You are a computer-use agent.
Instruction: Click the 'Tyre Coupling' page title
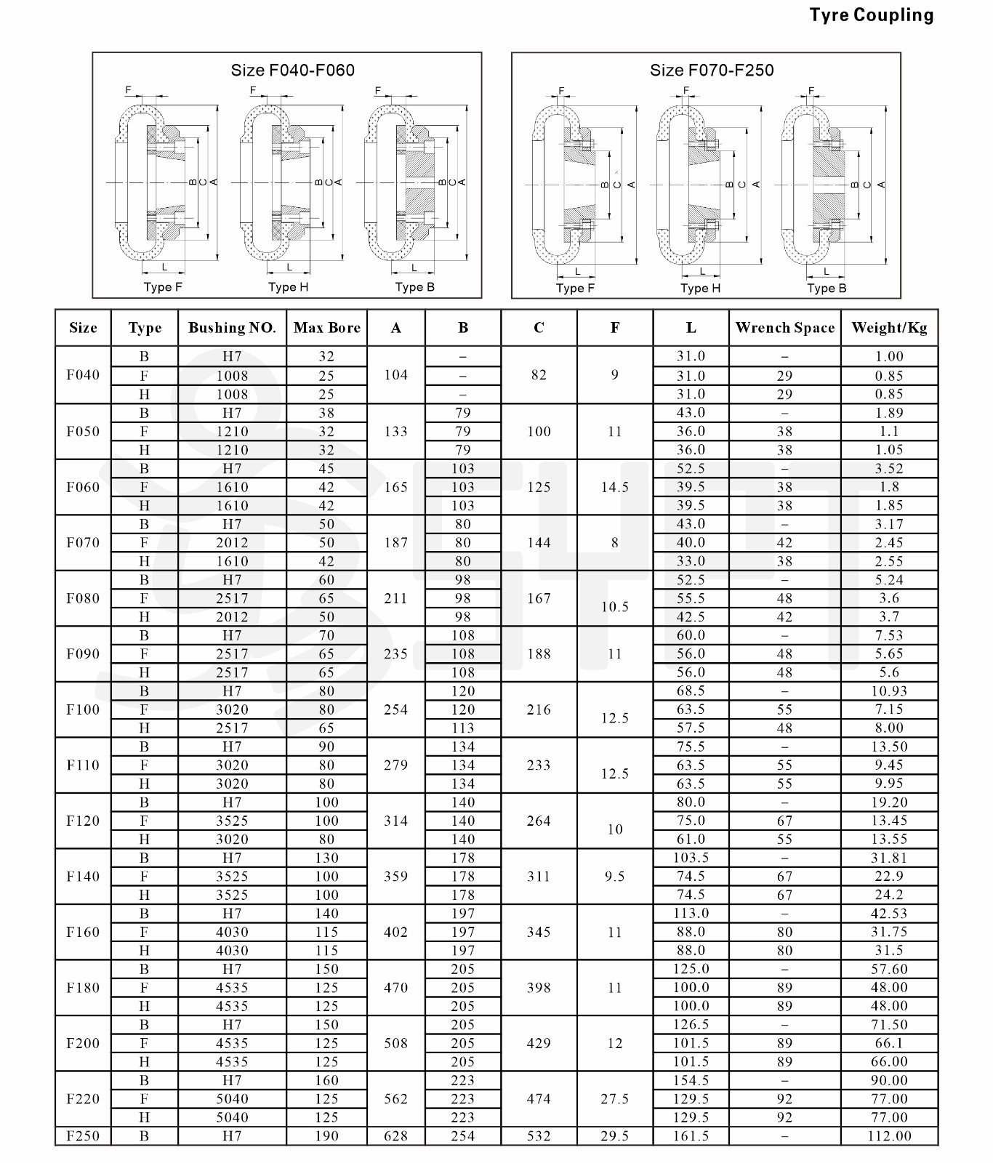tap(871, 15)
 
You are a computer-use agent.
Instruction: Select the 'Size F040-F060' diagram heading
tap(292, 71)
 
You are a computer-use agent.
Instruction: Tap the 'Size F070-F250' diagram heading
tap(711, 71)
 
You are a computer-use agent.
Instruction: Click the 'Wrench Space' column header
tap(784, 328)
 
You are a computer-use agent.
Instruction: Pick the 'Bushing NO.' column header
tap(232, 328)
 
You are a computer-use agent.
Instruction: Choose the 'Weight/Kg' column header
tap(889, 328)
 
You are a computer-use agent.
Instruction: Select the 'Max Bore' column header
tap(326, 328)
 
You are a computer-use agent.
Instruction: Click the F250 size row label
tap(83, 1136)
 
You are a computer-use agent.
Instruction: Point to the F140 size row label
tap(83, 877)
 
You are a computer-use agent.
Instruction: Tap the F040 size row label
tap(83, 375)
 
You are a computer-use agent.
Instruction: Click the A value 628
tap(395, 1136)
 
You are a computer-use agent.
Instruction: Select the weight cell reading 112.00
tap(889, 1136)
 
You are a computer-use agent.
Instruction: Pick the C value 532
tap(539, 1136)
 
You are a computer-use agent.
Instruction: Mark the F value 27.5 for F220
tap(614, 1099)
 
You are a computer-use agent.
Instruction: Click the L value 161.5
tap(691, 1136)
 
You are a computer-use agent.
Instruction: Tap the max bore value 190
tap(326, 1136)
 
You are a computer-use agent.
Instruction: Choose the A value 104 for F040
tap(395, 375)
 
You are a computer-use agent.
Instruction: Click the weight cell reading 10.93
tap(889, 691)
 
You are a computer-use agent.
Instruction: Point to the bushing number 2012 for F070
tap(232, 543)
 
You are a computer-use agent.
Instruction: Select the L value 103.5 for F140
tap(691, 858)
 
